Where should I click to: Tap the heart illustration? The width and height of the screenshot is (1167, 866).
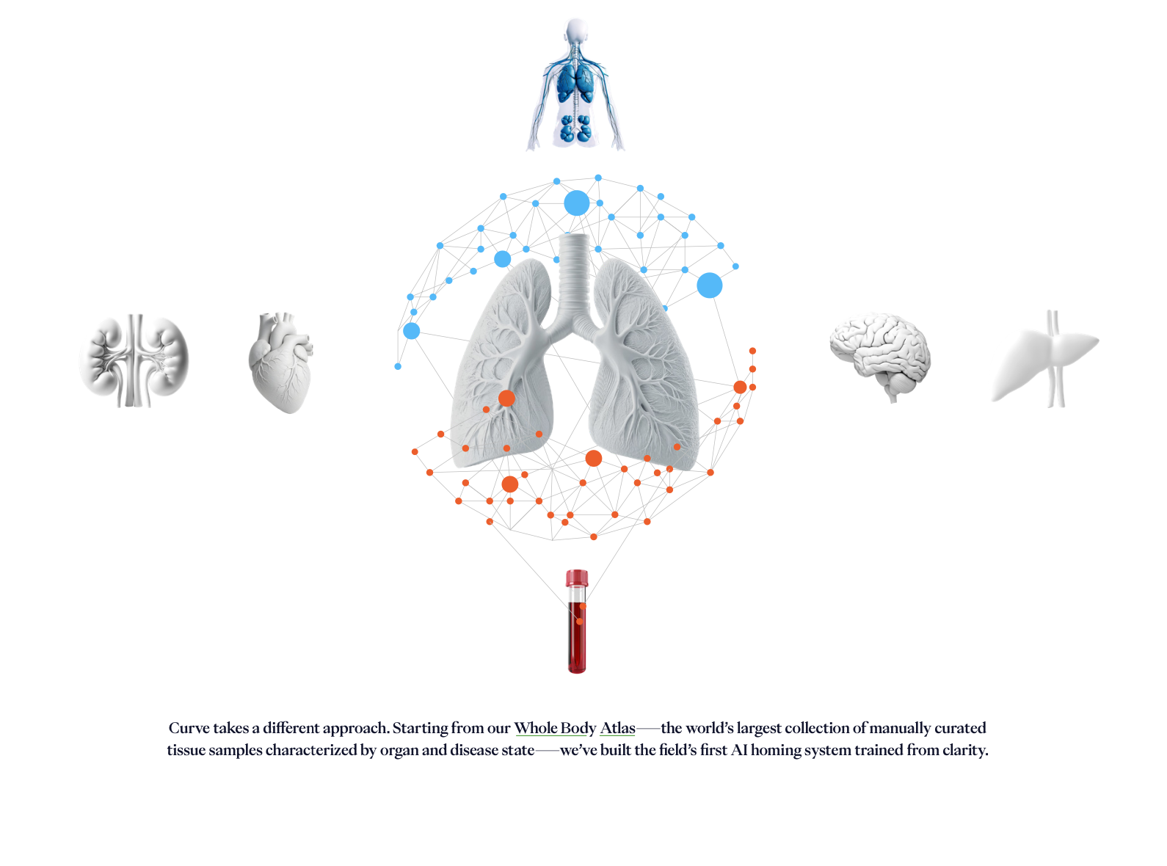pos(281,363)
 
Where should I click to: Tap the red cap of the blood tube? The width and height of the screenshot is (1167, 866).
pos(577,578)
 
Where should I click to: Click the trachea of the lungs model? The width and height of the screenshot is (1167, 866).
pos(574,272)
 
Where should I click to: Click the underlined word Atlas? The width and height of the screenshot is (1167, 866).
pos(617,728)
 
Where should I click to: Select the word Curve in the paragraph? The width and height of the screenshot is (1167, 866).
pos(189,728)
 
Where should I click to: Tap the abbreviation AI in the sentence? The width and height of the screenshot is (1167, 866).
pos(738,750)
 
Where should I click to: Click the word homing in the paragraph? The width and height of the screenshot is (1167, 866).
pos(777,750)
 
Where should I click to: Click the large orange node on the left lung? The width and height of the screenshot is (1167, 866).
pos(506,399)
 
